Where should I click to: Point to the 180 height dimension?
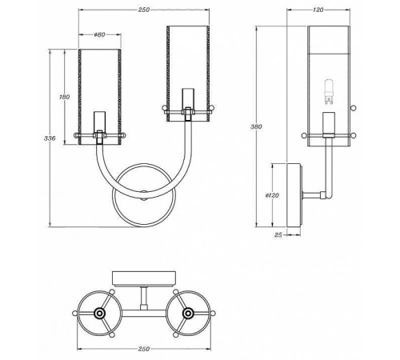(66, 98)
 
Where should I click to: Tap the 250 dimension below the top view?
(144, 349)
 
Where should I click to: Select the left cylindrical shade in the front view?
(98, 92)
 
